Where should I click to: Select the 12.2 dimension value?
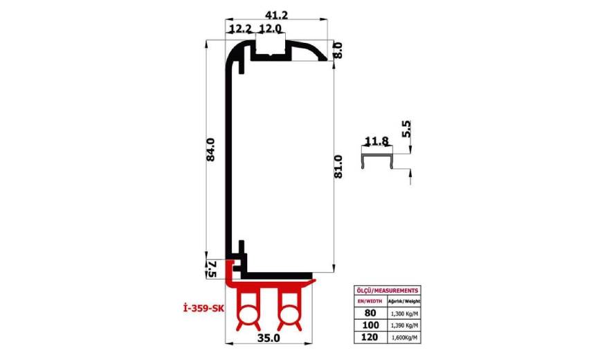[239, 28]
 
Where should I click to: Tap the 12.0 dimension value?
[270, 28]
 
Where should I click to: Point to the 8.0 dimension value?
[338, 51]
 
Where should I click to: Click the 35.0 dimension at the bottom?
[268, 339]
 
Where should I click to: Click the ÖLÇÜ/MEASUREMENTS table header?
[386, 290]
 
